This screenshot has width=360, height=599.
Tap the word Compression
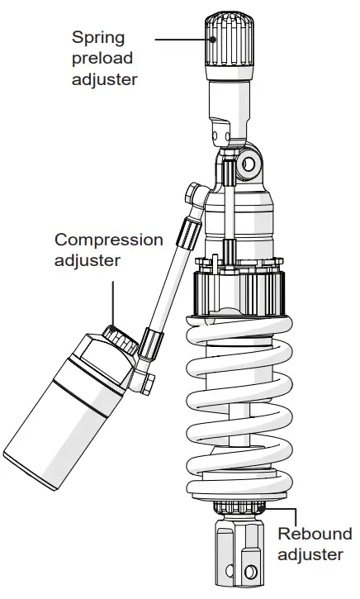coord(109,240)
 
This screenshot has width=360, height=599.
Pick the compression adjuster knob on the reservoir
coord(121,339)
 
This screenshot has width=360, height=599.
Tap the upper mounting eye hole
coord(246,165)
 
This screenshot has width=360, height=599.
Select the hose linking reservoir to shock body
coord(165,273)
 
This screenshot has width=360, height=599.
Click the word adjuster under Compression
coord(86,261)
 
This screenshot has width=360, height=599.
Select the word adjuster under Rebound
coord(310,555)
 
